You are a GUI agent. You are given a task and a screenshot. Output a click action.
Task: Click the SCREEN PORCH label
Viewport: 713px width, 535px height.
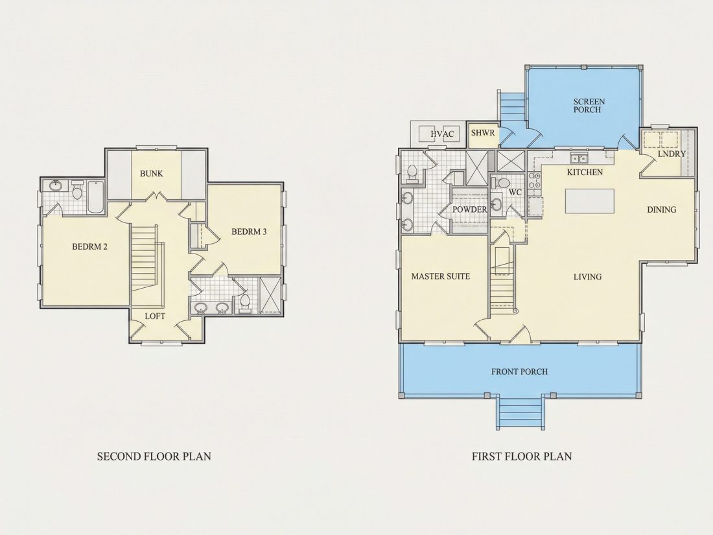589,106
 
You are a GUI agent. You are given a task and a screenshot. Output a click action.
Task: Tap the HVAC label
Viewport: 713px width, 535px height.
442,134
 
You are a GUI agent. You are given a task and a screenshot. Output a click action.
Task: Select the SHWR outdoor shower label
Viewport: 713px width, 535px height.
482,133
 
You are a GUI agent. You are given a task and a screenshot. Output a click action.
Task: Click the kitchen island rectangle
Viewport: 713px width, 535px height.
590,200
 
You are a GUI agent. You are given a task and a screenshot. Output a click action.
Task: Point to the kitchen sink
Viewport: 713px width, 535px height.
579,158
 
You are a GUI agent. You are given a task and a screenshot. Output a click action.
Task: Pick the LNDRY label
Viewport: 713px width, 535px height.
672,154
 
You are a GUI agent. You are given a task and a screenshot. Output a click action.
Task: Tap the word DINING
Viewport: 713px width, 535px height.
662,209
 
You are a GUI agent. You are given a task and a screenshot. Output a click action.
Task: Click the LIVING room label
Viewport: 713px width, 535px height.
587,277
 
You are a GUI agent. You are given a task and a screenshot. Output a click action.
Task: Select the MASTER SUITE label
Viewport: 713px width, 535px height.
441,276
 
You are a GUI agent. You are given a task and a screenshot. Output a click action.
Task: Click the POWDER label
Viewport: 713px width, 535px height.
470,209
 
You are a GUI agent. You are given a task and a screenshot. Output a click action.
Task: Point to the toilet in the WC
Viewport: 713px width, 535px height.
502,183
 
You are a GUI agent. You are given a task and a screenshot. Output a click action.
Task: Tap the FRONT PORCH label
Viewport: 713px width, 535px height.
519,372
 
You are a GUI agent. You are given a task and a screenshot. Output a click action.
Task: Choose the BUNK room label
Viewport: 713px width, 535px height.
152,173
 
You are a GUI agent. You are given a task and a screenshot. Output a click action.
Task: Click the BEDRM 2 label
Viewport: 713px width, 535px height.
89,246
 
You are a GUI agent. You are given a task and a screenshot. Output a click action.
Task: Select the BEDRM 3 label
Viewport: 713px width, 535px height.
249,232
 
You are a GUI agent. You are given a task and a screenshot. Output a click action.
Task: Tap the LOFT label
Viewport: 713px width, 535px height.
155,316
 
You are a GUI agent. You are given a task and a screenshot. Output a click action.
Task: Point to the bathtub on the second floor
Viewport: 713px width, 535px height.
95,197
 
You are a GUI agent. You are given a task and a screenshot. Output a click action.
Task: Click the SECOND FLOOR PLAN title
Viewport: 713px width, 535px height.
154,457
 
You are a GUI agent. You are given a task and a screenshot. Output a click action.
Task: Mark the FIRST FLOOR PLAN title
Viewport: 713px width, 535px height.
522,457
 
